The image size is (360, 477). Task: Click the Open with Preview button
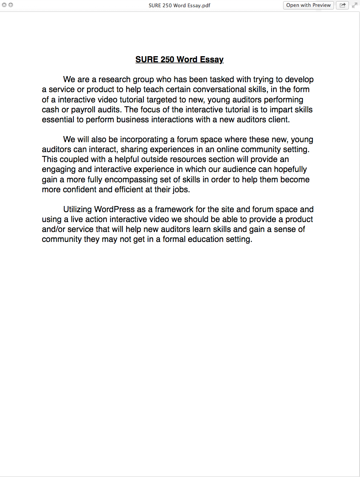[x=308, y=5]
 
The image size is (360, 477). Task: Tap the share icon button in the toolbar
[x=342, y=5]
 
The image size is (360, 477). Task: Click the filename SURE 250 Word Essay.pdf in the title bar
[x=179, y=5]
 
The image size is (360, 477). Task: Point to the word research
[x=114, y=80]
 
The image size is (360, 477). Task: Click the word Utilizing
[x=78, y=209]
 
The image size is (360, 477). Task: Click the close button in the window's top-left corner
[x=4, y=5]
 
